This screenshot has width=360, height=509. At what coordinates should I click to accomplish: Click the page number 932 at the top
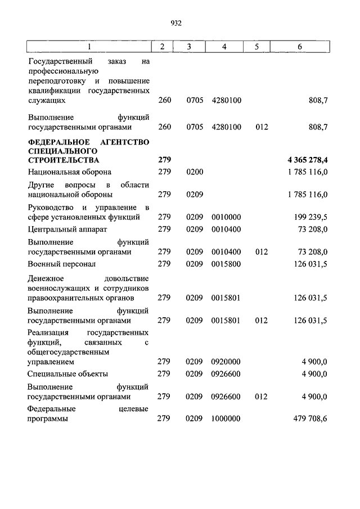click(176, 23)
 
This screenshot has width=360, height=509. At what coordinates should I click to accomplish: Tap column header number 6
click(300, 47)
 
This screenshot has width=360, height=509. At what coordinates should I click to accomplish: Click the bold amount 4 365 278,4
click(307, 161)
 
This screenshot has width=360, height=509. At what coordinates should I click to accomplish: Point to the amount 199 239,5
click(309, 217)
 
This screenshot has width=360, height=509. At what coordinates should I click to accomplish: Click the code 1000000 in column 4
click(226, 419)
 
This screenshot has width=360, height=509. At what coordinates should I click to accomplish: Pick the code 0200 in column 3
click(194, 172)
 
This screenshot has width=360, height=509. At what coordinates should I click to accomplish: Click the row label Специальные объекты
click(67, 373)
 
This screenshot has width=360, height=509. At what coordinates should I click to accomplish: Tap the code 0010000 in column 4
click(226, 217)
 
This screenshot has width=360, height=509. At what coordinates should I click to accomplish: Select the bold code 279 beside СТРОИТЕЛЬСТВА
click(164, 161)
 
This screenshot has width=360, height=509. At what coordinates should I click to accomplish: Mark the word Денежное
click(47, 278)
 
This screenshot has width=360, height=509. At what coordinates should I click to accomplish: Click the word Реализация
click(49, 334)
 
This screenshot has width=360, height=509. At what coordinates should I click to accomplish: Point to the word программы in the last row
click(48, 419)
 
